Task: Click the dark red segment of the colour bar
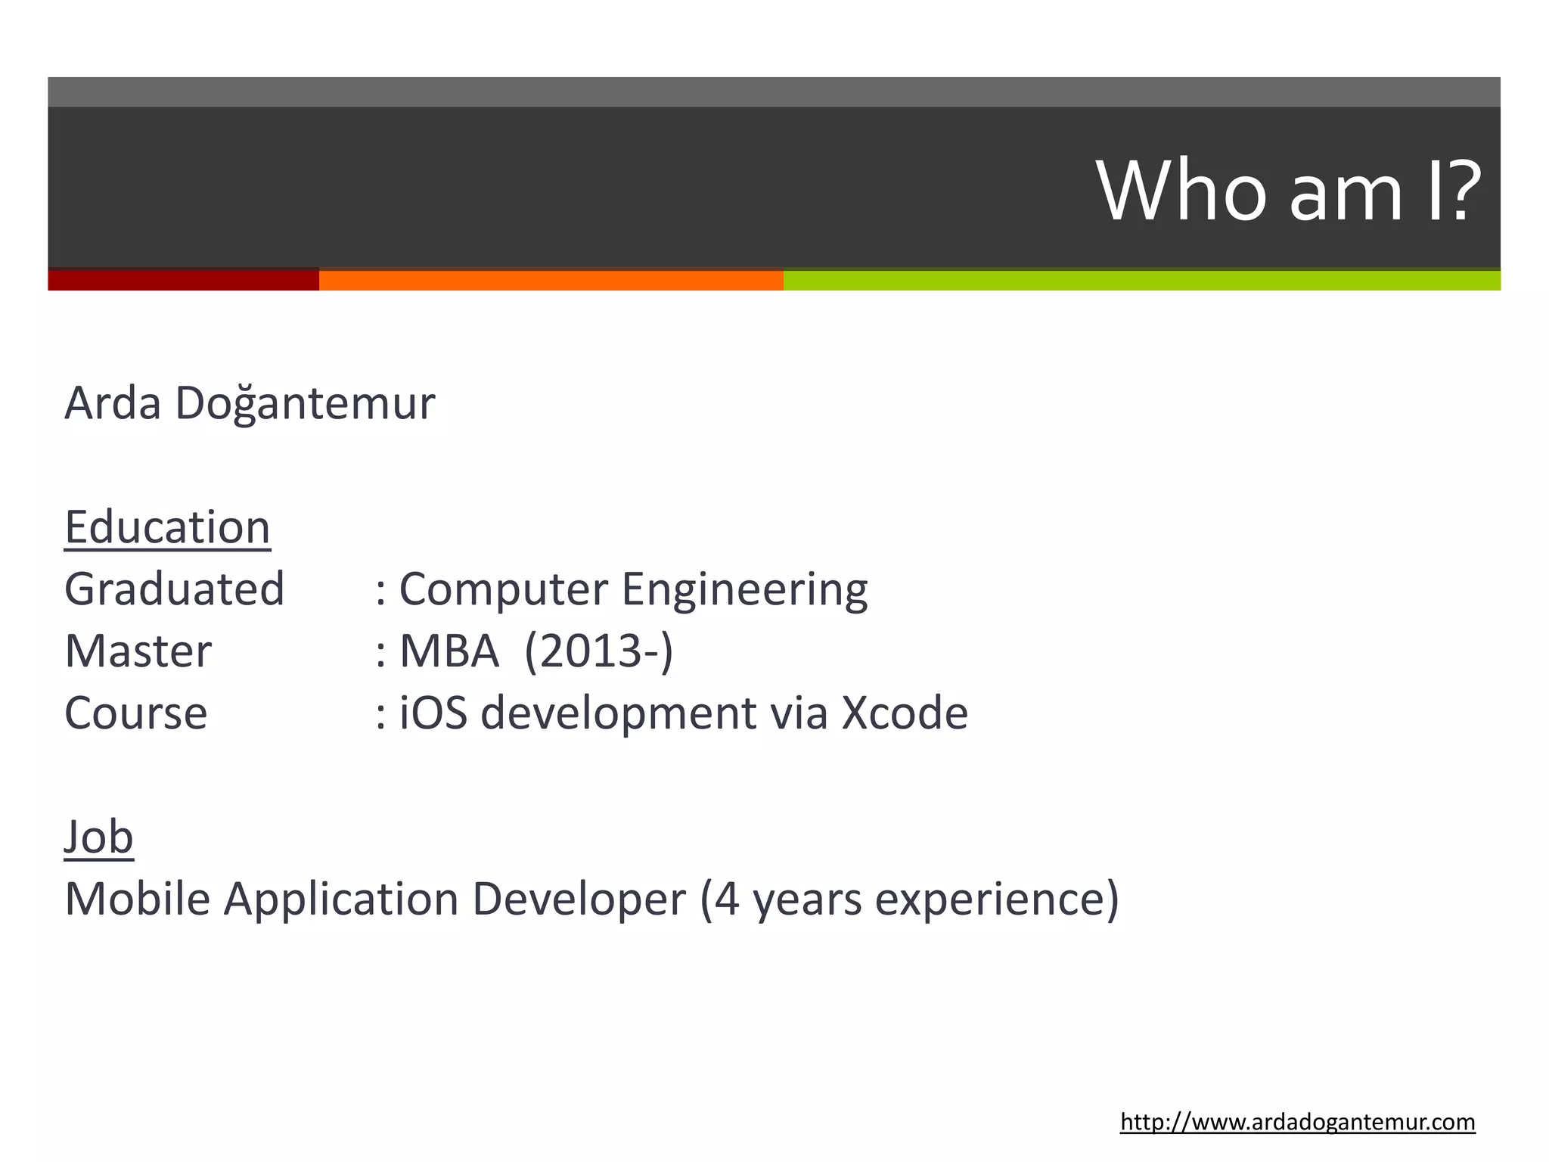183,280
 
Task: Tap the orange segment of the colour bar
551,280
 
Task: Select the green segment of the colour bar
1141,280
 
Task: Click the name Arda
113,402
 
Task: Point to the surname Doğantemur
305,404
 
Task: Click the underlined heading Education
167,527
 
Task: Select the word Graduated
174,589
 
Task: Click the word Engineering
744,590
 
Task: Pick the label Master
138,651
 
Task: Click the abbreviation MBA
449,651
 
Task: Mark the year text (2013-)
598,651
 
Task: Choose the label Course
135,713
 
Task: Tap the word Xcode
905,713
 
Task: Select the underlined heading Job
98,837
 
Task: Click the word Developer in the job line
579,899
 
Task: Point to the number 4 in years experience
726,899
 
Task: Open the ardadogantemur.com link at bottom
1297,1122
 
